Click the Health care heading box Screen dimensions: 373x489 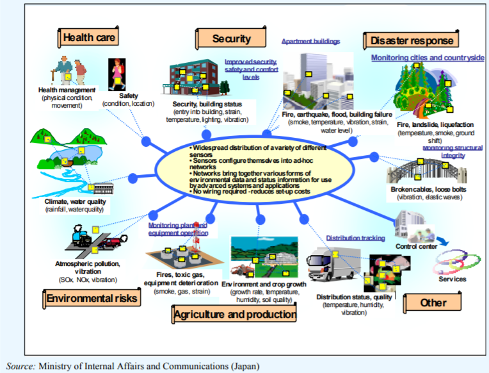(90, 37)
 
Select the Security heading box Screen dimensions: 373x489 (231, 38)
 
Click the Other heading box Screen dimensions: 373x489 (433, 302)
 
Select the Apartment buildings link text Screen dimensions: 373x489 (310, 40)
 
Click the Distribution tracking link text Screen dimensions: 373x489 (355, 238)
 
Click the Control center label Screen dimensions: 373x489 (416, 246)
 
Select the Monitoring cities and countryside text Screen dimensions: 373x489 (428, 58)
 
